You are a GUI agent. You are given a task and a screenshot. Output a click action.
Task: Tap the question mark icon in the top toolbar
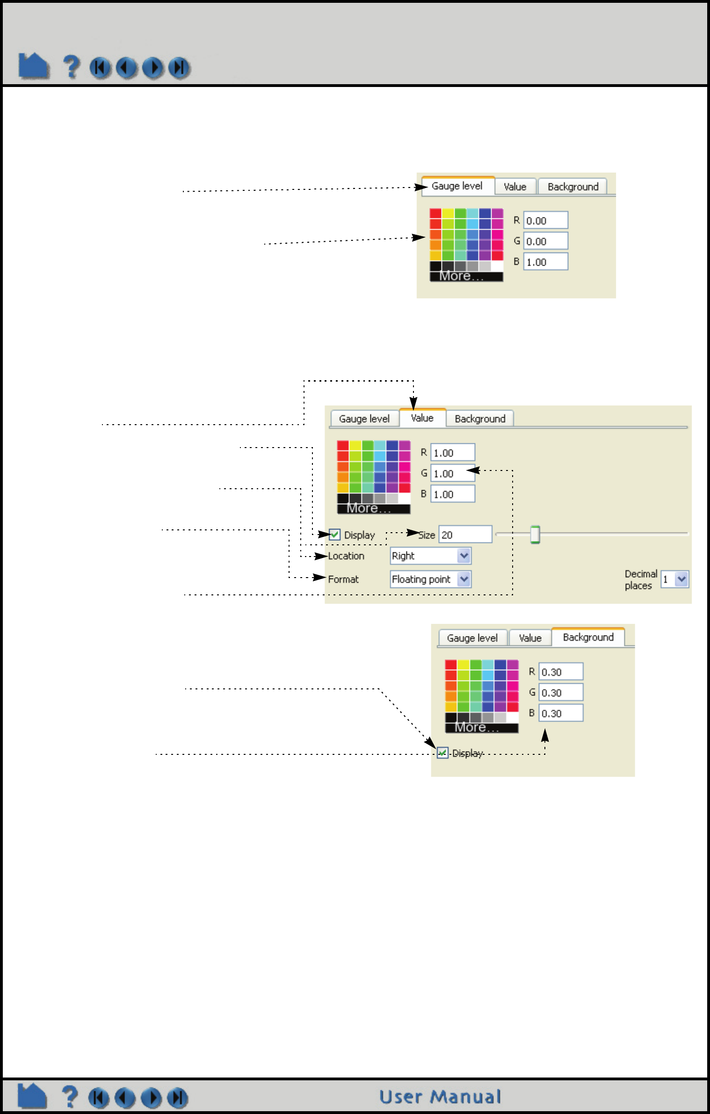71,67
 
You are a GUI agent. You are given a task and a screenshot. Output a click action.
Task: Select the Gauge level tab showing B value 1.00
457,186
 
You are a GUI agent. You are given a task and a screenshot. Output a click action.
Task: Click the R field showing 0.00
545,220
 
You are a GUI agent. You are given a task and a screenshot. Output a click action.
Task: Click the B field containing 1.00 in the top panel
545,262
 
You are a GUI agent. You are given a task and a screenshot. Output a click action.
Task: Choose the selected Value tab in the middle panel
422,418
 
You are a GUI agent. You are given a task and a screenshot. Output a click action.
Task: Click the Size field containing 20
465,535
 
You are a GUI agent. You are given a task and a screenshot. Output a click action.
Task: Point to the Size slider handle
535,534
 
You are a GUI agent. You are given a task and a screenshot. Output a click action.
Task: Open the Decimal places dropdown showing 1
675,579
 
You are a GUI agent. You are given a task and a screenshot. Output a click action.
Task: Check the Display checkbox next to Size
335,535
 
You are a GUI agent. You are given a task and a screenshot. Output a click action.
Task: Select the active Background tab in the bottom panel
588,637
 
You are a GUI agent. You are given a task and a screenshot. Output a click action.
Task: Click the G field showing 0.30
560,693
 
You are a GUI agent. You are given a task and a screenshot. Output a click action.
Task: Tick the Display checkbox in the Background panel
442,753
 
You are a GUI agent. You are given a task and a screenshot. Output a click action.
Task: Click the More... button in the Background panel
481,728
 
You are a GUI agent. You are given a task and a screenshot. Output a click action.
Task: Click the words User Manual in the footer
440,1097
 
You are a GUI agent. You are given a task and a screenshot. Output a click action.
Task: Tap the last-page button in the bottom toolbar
178,1098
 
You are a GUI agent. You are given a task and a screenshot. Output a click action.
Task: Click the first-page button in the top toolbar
100,68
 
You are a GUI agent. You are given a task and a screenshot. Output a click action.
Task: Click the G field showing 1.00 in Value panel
452,473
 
